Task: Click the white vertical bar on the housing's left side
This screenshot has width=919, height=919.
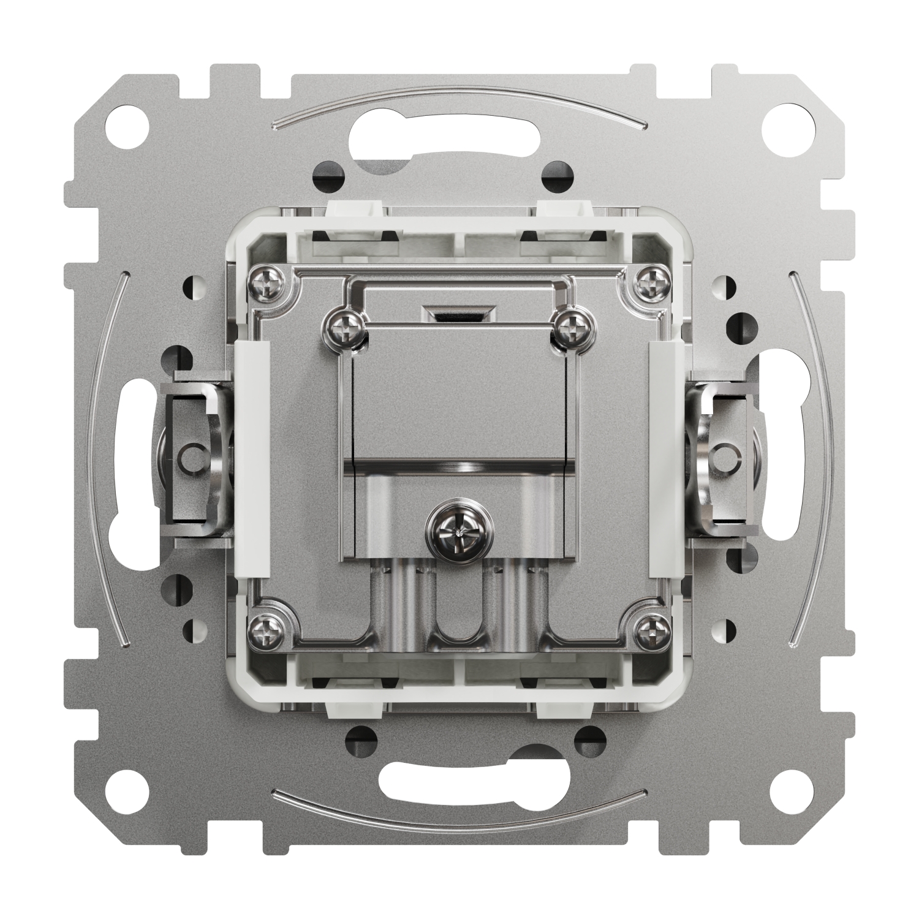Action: coord(252,459)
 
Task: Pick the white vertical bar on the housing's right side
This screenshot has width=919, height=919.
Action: coord(665,459)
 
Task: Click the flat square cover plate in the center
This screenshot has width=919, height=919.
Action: coord(458,398)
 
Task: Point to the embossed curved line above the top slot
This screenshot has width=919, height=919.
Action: coord(458,100)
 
